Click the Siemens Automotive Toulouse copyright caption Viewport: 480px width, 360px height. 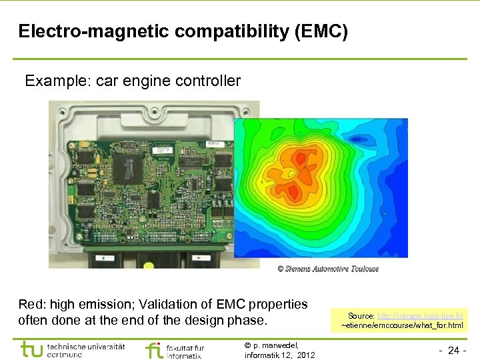pyautogui.click(x=328, y=269)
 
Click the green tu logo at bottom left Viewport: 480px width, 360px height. pyautogui.click(x=31, y=349)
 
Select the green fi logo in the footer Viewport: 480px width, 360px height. pyautogui.click(x=153, y=350)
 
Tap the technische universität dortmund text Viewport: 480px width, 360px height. pyautogui.click(x=85, y=351)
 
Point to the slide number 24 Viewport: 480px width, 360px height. pyautogui.click(x=453, y=350)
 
